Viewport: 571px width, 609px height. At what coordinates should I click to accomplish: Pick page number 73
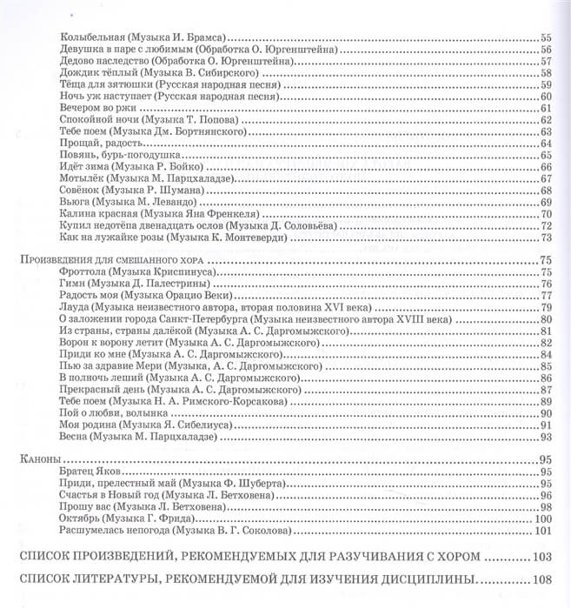point(547,237)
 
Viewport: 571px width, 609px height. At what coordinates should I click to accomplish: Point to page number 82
point(547,343)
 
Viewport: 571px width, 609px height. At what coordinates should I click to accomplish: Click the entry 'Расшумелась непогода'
point(114,531)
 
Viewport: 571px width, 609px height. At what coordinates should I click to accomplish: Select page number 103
point(542,556)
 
